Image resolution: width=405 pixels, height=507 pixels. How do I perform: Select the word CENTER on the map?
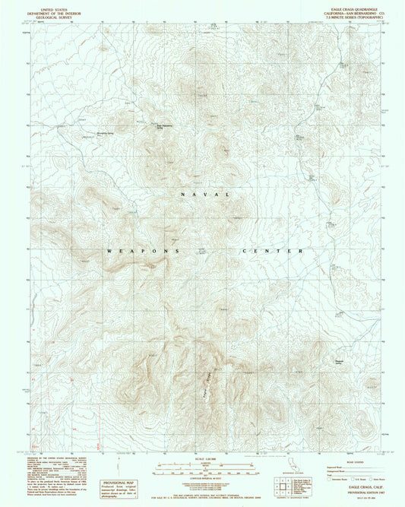coord(274,251)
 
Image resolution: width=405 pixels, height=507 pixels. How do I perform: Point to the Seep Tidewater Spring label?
coord(165,127)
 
